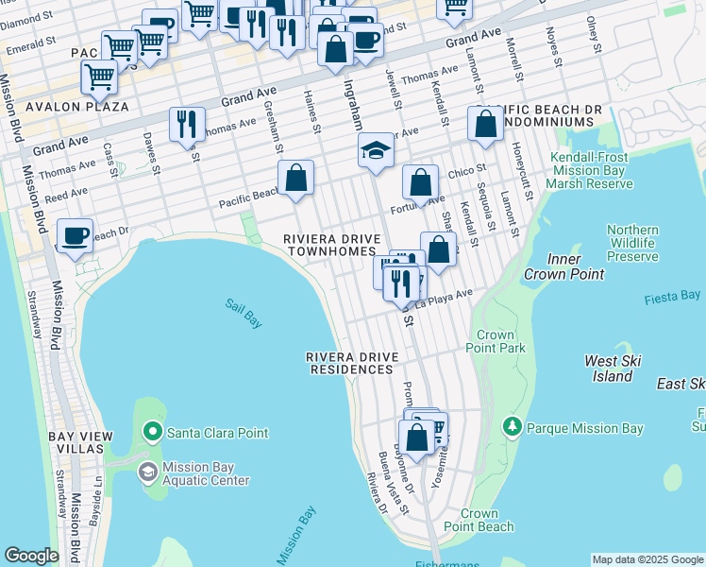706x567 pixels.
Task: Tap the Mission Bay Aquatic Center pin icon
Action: click(x=148, y=471)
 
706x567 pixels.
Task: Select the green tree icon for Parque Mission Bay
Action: click(x=513, y=428)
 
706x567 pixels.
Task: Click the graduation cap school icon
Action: click(x=376, y=150)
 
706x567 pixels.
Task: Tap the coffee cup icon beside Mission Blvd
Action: click(x=75, y=234)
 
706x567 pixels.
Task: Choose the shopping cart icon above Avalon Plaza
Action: click(x=98, y=77)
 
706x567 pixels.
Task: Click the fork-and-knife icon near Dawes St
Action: click(x=187, y=124)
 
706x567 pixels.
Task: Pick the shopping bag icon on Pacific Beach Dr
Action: click(x=295, y=177)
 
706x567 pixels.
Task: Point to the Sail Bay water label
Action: click(x=243, y=312)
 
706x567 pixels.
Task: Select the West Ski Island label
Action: click(x=614, y=369)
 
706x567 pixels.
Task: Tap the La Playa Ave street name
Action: click(x=445, y=298)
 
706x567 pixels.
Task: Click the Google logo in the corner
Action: click(x=31, y=556)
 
